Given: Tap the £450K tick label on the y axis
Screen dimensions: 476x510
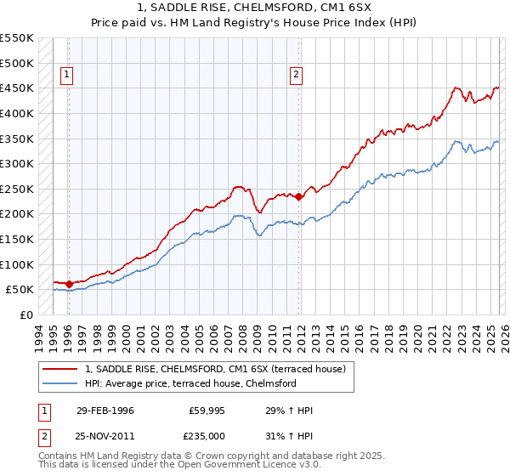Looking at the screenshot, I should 17,88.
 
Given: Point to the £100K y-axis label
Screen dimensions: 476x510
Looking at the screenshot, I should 17,264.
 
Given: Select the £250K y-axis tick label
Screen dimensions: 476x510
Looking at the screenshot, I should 17,189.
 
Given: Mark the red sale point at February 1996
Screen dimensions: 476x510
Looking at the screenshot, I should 69,284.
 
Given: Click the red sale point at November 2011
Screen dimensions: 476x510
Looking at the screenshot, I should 299,196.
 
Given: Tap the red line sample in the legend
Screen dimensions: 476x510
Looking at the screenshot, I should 60,369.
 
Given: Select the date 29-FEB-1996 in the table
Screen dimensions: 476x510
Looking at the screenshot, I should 105,411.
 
